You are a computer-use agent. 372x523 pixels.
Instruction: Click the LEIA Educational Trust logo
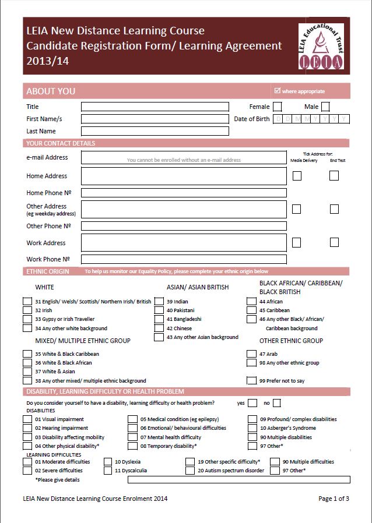pyautogui.click(x=321, y=49)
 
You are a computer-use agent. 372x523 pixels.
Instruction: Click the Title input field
pyautogui.click(x=155, y=107)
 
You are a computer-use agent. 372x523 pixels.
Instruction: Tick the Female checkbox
pyautogui.click(x=278, y=107)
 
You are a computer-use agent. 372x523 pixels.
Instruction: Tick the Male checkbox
pyautogui.click(x=325, y=107)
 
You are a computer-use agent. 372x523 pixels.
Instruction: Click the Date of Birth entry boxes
pyautogui.click(x=311, y=119)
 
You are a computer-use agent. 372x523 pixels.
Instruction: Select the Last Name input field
pyautogui.click(x=155, y=131)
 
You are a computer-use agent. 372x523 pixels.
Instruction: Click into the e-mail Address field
pyautogui.click(x=184, y=157)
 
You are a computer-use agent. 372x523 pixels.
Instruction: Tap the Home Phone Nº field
pyautogui.click(x=184, y=193)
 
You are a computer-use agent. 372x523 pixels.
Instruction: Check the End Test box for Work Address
pyautogui.click(x=334, y=242)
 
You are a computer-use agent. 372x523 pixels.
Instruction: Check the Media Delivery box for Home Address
pyautogui.click(x=297, y=175)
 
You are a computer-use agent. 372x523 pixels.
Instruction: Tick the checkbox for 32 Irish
pyautogui.click(x=27, y=310)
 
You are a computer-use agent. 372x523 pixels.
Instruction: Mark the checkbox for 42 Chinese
pyautogui.click(x=159, y=328)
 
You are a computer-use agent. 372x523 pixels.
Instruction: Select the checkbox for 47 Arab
pyautogui.click(x=252, y=354)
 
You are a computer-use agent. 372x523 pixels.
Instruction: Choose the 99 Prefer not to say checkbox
pyautogui.click(x=252, y=380)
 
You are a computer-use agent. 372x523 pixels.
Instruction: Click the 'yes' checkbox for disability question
pyautogui.click(x=252, y=403)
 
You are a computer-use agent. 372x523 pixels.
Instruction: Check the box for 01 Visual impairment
pyautogui.click(x=27, y=419)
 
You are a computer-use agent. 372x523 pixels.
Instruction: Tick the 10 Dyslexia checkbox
pyautogui.click(x=108, y=462)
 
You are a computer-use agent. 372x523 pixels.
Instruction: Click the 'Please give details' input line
pyautogui.click(x=238, y=479)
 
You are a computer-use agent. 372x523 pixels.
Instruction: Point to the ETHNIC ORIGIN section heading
pyautogui.click(x=48, y=271)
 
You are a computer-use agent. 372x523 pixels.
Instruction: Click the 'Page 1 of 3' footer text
pyautogui.click(x=334, y=499)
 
